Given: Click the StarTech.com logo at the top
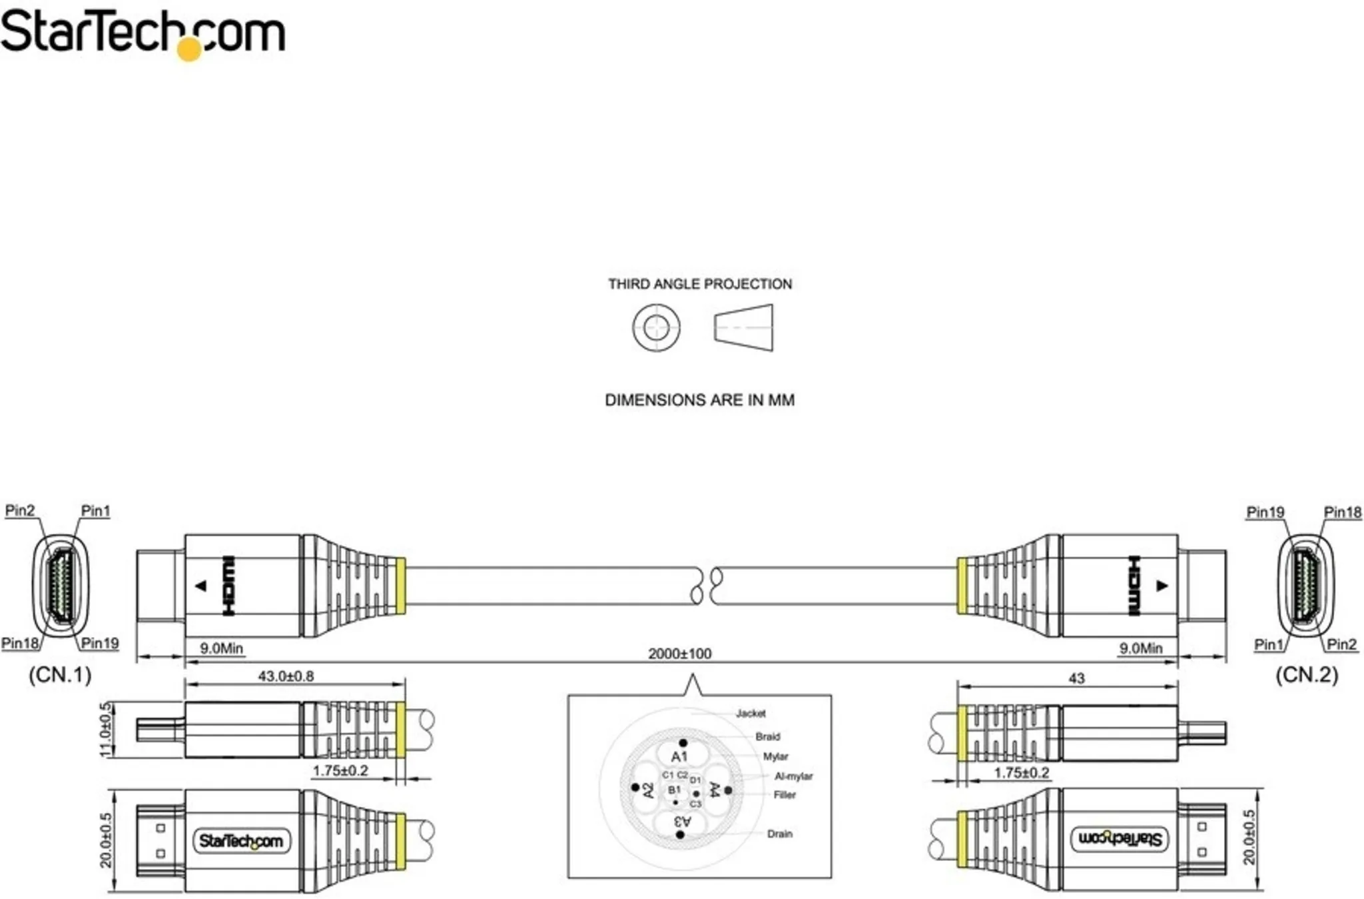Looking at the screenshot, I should [143, 33].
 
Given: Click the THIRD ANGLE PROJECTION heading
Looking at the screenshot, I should [700, 284].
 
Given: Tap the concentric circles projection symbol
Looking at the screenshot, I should [656, 328].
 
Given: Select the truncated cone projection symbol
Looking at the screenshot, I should [744, 328].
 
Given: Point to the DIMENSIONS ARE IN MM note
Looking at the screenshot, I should [699, 400].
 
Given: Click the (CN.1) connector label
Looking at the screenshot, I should [60, 674].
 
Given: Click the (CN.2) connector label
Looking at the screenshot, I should [1306, 674].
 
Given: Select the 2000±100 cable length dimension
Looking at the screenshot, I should [679, 654].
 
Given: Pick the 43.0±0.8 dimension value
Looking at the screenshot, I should [286, 676].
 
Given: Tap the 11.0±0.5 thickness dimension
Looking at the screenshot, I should [106, 730].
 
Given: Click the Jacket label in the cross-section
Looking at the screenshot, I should [751, 713].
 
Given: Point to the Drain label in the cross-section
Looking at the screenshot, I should [779, 834].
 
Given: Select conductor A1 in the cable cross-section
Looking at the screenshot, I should [679, 756].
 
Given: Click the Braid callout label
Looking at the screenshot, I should [767, 736].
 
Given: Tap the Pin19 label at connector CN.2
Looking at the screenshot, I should [1265, 512].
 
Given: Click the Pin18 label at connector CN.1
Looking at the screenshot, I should [20, 643].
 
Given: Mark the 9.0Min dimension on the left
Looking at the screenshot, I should [221, 648].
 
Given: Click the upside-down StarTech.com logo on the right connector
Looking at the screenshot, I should [1120, 838].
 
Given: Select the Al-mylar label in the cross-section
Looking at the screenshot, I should [793, 776].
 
